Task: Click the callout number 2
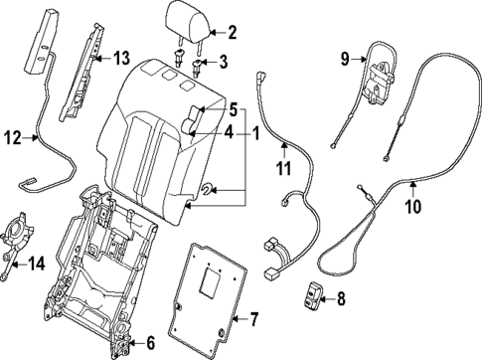coord(232,33)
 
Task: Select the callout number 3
coord(222,63)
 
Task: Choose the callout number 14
coord(36,264)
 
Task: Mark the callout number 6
coord(150,343)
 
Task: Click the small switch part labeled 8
coord(314,293)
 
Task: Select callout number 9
coord(346,59)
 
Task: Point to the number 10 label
coord(412,208)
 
